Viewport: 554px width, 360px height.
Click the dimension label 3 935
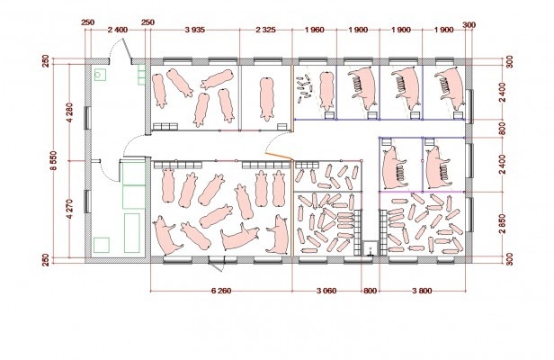point(194,30)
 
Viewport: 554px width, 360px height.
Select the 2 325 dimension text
point(265,30)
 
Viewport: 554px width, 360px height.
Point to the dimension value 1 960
point(314,30)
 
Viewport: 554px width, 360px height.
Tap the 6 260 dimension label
point(221,291)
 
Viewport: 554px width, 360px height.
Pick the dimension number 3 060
point(326,291)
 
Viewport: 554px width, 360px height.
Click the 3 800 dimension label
point(422,291)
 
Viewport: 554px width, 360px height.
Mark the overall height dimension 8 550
point(54,160)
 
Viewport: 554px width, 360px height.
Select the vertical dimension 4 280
point(69,112)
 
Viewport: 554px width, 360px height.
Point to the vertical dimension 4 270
point(69,209)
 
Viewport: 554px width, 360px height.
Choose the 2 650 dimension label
point(503,223)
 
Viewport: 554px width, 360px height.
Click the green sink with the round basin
point(101,75)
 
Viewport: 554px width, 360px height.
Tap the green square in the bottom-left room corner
point(102,245)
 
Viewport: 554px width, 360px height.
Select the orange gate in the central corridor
point(279,157)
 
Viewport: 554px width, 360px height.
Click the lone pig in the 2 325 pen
point(267,99)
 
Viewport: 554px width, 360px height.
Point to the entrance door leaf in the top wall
point(127,49)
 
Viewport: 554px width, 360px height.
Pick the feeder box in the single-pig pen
point(282,127)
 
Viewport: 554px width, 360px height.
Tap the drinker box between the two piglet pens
point(371,247)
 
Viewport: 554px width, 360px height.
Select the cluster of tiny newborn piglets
point(304,87)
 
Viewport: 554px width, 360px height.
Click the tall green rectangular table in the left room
point(132,233)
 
